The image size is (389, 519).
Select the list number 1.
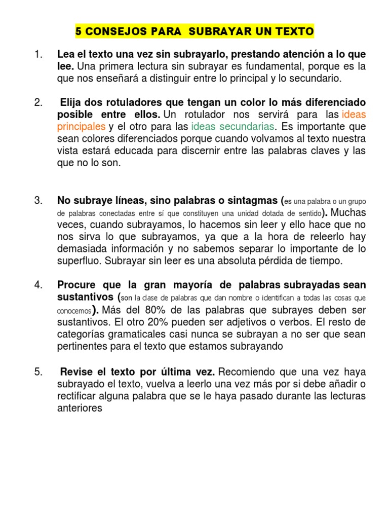click(x=38, y=54)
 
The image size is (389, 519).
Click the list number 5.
click(x=38, y=372)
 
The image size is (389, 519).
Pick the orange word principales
click(x=81, y=126)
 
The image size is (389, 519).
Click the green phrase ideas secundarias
click(x=234, y=126)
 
